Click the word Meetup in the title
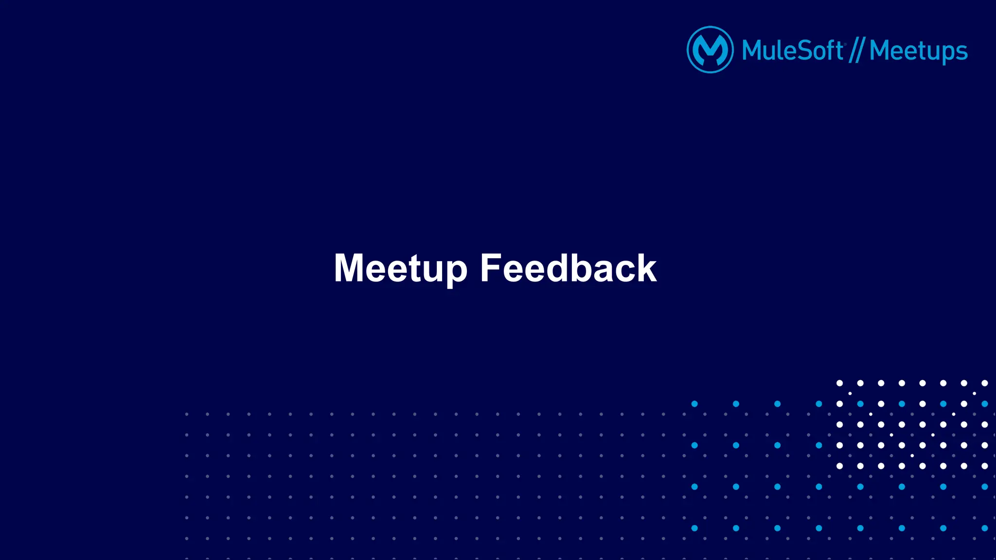click(400, 268)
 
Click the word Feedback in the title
click(568, 268)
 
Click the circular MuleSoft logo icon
click(710, 50)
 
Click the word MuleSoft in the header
click(793, 51)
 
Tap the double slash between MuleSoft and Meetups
click(856, 51)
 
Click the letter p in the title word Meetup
click(457, 272)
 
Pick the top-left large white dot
click(839, 383)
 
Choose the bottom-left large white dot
click(839, 466)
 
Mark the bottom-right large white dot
click(984, 466)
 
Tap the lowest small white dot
click(912, 455)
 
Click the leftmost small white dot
click(850, 393)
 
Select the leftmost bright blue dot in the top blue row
click(694, 404)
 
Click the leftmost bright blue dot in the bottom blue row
click(694, 528)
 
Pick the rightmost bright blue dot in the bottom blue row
click(984, 528)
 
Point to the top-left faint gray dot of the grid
click(187, 414)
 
